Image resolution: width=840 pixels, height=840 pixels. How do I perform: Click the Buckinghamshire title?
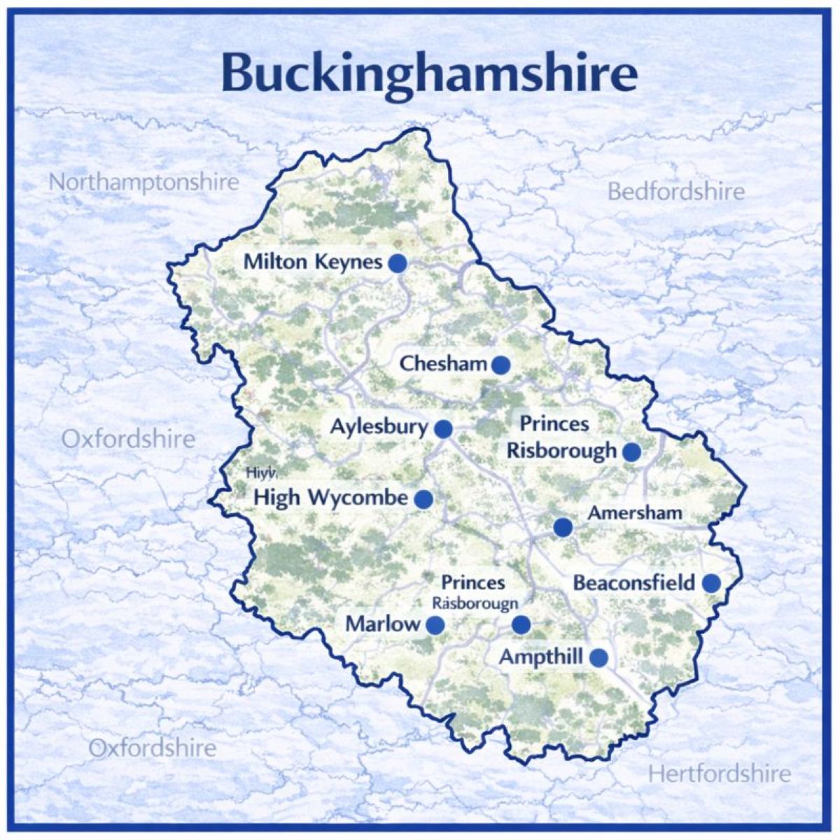pyautogui.click(x=429, y=72)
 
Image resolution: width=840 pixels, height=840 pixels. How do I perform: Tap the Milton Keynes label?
pyautogui.click(x=313, y=262)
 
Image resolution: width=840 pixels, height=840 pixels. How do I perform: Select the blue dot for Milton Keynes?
pyautogui.click(x=398, y=263)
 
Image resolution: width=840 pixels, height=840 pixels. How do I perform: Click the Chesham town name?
pyautogui.click(x=443, y=364)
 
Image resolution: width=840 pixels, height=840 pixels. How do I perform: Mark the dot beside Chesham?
pyautogui.click(x=500, y=365)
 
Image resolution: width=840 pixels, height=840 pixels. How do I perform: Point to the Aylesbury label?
pyautogui.click(x=379, y=426)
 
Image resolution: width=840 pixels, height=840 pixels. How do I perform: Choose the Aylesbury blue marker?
pyautogui.click(x=443, y=428)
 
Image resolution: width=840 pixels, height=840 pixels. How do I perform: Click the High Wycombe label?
pyautogui.click(x=330, y=498)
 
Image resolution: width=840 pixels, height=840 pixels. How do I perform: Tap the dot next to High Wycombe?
pyautogui.click(x=423, y=499)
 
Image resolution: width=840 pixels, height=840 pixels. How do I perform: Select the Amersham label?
pyautogui.click(x=634, y=512)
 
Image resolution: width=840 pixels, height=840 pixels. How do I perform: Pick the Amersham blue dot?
pyautogui.click(x=562, y=527)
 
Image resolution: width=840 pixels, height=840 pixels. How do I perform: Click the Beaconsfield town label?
pyautogui.click(x=633, y=582)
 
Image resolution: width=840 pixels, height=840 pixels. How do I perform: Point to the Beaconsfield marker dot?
pyautogui.click(x=711, y=583)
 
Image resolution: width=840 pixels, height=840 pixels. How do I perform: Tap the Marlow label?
pyautogui.click(x=383, y=624)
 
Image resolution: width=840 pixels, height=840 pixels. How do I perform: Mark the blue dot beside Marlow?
pyautogui.click(x=435, y=625)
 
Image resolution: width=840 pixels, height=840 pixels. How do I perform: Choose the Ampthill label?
pyautogui.click(x=541, y=657)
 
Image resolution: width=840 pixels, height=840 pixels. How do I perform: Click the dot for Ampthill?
pyautogui.click(x=598, y=657)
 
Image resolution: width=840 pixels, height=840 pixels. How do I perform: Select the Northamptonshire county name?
pyautogui.click(x=143, y=183)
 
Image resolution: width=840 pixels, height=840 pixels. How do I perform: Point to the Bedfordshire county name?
pyautogui.click(x=675, y=191)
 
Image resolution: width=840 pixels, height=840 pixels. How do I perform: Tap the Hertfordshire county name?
pyautogui.click(x=719, y=773)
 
